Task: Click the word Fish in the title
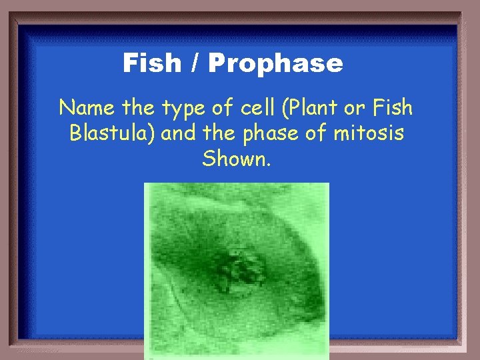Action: point(151,64)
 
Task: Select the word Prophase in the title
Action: point(275,64)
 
